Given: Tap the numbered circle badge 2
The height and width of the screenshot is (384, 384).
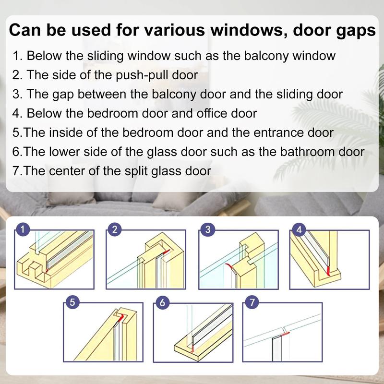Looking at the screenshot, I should [x=113, y=229].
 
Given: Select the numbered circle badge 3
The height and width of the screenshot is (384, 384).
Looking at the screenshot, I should [x=207, y=229].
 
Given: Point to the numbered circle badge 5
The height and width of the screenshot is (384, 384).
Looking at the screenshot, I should [x=72, y=302].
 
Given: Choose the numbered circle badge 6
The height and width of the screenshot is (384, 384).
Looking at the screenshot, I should [x=162, y=302].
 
